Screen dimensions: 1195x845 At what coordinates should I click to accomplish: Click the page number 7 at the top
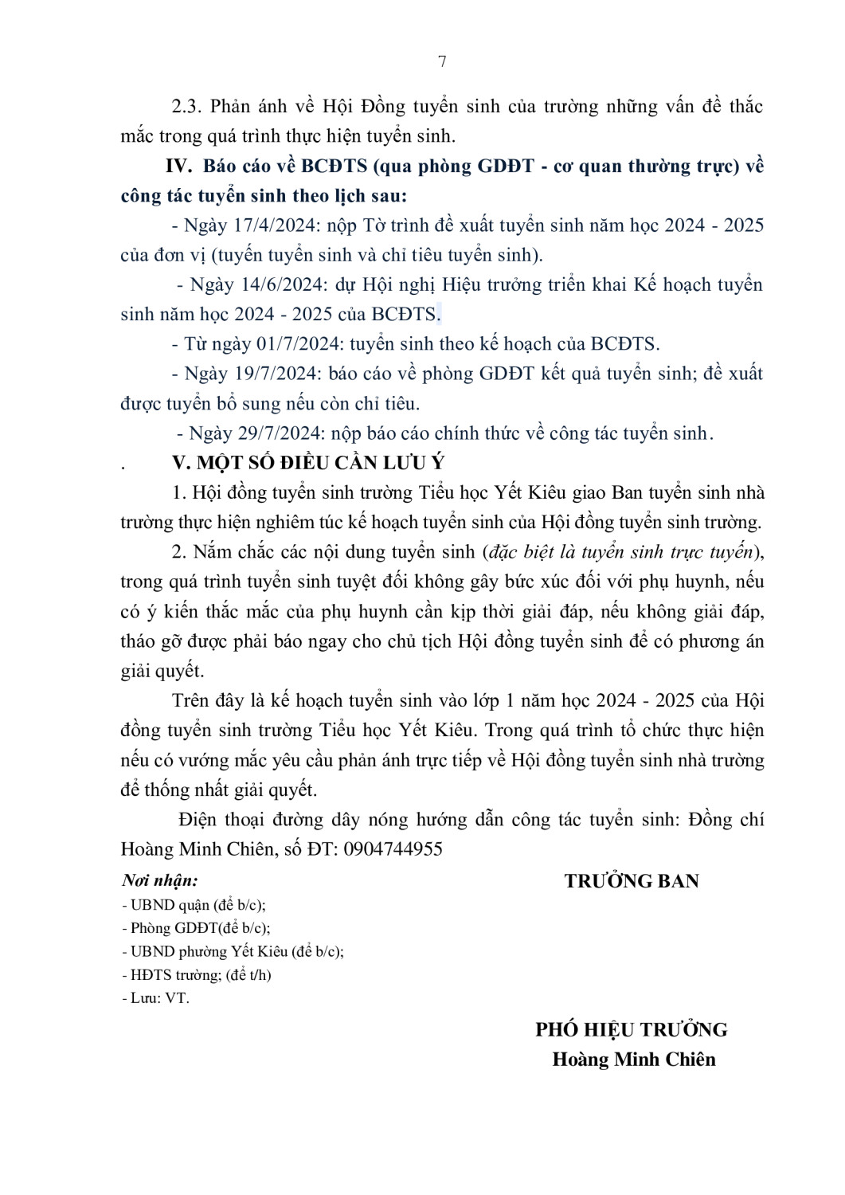pos(442,62)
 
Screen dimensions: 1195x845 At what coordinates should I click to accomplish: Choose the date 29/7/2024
pos(280,433)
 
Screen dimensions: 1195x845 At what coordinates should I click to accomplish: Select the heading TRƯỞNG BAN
pos(632,881)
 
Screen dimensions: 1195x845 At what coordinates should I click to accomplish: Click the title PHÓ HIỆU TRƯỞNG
pos(632,1029)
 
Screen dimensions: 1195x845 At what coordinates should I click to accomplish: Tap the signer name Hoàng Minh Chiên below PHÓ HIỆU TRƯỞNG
pos(634,1060)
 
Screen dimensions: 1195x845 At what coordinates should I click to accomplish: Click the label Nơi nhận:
pos(159,880)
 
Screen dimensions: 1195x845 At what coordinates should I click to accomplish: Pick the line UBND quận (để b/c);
pos(194,905)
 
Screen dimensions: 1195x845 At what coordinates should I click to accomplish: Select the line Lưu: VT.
pos(156,998)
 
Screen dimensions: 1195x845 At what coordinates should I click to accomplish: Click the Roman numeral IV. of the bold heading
pos(179,167)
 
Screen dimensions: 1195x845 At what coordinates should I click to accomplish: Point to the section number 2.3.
pos(187,107)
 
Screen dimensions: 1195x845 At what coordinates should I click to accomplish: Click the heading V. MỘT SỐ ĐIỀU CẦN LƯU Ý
pos(308,463)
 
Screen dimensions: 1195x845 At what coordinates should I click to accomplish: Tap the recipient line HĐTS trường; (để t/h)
pos(197,975)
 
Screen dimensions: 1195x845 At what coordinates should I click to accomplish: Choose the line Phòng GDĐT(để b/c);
pos(196,928)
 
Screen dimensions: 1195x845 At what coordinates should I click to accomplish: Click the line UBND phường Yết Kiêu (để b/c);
pos(233,951)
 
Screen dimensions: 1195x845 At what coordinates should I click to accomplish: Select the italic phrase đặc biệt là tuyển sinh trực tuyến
pos(620,552)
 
